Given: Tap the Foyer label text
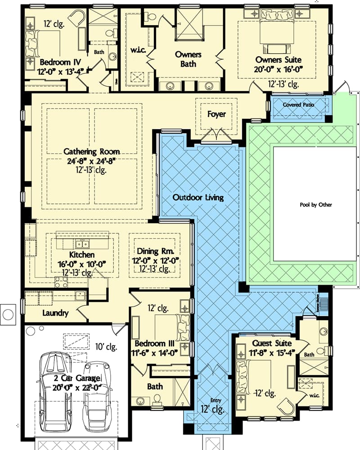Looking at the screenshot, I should click(x=216, y=114).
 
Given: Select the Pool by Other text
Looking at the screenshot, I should click(x=315, y=205).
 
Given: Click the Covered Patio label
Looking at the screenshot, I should click(x=298, y=105).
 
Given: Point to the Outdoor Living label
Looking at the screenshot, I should click(x=198, y=197).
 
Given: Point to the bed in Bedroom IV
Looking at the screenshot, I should click(x=34, y=44).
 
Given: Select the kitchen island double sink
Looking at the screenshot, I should click(x=82, y=244).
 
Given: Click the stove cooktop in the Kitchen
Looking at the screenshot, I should click(x=61, y=282).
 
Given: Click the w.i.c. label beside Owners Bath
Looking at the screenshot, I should click(x=137, y=50).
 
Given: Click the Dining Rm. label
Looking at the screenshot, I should click(x=154, y=251).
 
